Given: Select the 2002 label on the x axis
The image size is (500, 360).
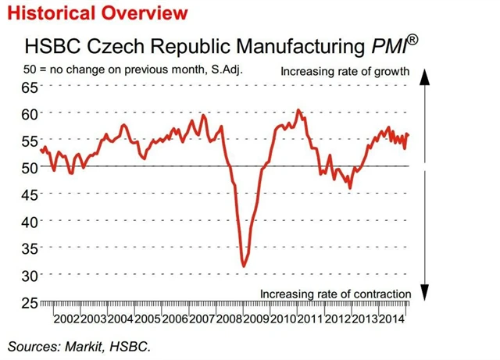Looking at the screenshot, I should pos(66,319).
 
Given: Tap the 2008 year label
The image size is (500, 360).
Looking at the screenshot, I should pos(228,319).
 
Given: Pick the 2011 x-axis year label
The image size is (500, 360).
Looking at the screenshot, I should pos(309,319).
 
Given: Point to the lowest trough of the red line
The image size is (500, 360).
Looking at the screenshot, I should pos(245,266).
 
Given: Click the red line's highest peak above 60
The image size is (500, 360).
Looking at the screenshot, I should pos(299,110).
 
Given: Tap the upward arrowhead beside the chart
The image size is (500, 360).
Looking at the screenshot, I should pos(425,75).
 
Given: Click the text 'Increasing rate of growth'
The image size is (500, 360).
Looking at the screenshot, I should pos(345,73).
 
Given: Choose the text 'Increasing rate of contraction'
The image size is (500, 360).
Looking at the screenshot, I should pos(335,294).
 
